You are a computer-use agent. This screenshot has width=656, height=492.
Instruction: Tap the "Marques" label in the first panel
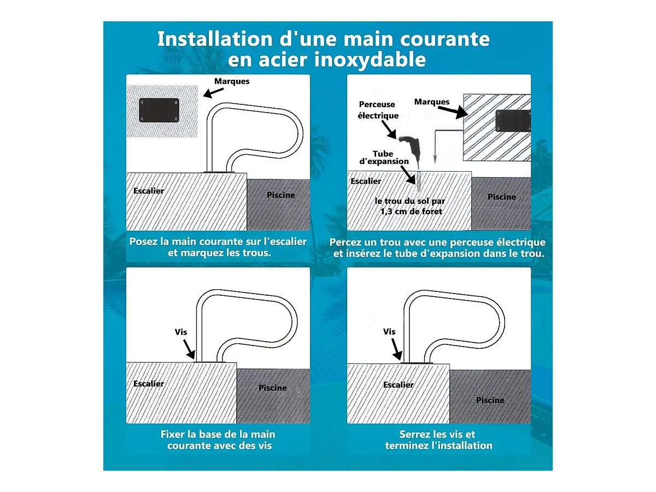point(232,81)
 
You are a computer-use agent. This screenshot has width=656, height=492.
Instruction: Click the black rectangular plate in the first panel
point(159,110)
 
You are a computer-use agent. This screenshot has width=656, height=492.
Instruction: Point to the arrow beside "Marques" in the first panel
point(213,92)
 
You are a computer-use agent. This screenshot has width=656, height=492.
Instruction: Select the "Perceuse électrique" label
point(378,110)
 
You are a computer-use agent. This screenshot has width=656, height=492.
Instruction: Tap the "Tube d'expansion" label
point(384,157)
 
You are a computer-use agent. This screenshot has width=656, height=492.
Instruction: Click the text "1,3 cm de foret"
point(411,212)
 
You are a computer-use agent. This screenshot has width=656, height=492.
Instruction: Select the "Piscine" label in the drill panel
point(501,197)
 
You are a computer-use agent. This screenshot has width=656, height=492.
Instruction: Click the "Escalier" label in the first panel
point(149,191)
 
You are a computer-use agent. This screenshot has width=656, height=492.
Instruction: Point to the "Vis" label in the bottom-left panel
point(181,332)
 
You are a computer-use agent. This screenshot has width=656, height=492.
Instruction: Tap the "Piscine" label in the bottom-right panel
point(490,400)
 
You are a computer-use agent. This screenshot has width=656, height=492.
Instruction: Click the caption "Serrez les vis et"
point(437,434)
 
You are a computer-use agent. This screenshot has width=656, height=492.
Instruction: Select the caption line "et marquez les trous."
point(219,253)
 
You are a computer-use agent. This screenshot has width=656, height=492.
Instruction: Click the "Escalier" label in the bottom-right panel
point(399,384)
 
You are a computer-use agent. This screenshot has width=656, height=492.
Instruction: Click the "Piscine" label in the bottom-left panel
point(273,388)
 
